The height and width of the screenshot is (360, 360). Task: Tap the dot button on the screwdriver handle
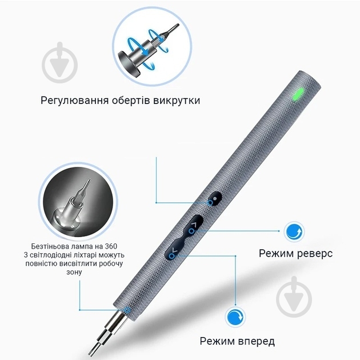pyautogui.click(x=214, y=200)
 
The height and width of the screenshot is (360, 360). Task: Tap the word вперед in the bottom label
pyautogui.click(x=253, y=342)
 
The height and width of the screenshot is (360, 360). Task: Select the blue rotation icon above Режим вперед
pyautogui.click(x=236, y=317)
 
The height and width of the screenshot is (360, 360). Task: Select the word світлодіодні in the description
pyautogui.click(x=71, y=255)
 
